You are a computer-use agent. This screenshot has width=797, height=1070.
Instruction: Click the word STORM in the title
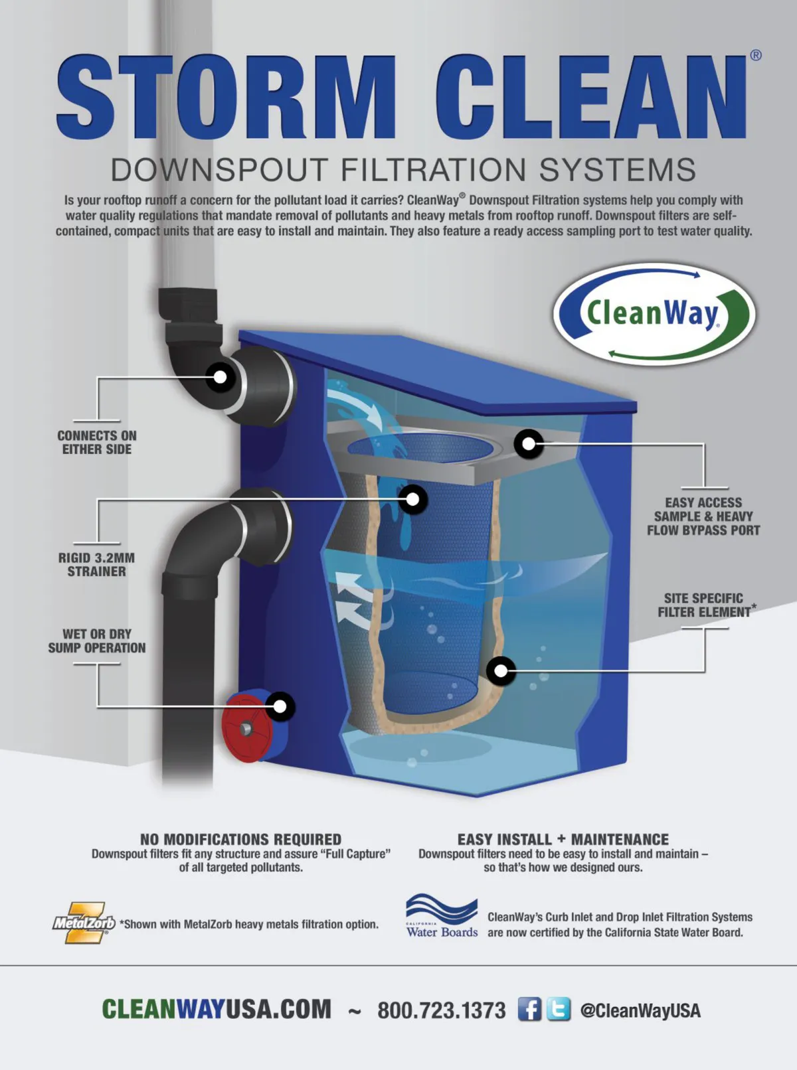[226, 97]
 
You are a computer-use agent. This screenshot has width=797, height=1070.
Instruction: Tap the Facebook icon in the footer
[529, 1009]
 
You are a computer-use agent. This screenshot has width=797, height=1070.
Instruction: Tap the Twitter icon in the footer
[559, 1009]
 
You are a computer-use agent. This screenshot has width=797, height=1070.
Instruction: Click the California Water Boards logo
[442, 915]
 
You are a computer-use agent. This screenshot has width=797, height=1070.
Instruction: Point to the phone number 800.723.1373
[441, 1010]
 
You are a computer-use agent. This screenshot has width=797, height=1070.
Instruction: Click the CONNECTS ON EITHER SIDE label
[96, 442]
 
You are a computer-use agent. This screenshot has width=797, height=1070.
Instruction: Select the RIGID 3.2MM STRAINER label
[96, 564]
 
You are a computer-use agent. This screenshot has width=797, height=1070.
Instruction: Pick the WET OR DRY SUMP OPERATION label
[96, 641]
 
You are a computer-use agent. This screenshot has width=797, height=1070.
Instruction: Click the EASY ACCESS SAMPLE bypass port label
[703, 516]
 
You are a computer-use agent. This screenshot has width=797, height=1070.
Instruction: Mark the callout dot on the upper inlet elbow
[220, 377]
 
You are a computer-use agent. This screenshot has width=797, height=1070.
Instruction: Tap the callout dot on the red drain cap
[280, 706]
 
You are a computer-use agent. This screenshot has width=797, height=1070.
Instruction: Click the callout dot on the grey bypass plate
[529, 443]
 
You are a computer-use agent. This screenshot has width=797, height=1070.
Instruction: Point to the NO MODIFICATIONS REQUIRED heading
[240, 840]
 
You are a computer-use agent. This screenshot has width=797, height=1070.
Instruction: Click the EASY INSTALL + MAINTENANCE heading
[563, 840]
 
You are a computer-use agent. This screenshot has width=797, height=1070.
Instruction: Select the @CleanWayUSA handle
[640, 1010]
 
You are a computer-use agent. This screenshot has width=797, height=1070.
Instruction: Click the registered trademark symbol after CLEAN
[755, 55]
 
